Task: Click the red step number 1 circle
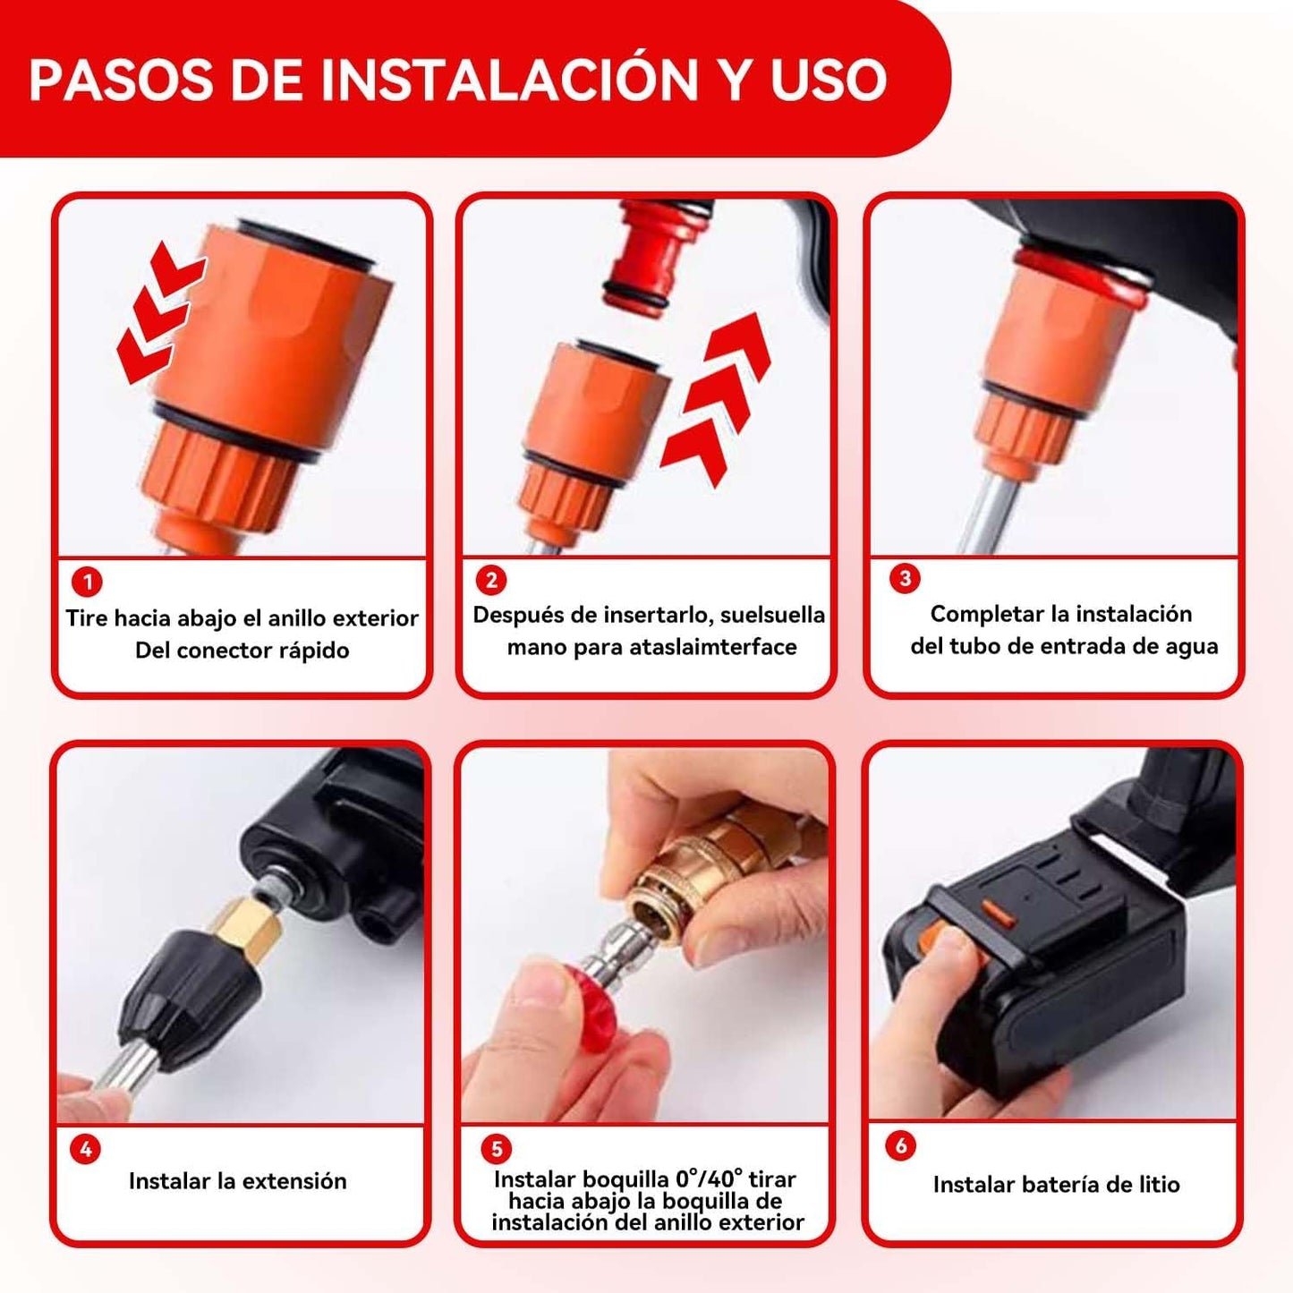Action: click(87, 582)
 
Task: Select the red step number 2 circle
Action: click(491, 580)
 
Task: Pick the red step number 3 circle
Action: click(905, 578)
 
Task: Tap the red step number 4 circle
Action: click(85, 1149)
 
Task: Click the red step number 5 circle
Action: click(496, 1148)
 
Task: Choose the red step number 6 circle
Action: click(900, 1145)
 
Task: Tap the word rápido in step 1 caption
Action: click(313, 651)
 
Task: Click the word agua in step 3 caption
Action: click(1191, 646)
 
